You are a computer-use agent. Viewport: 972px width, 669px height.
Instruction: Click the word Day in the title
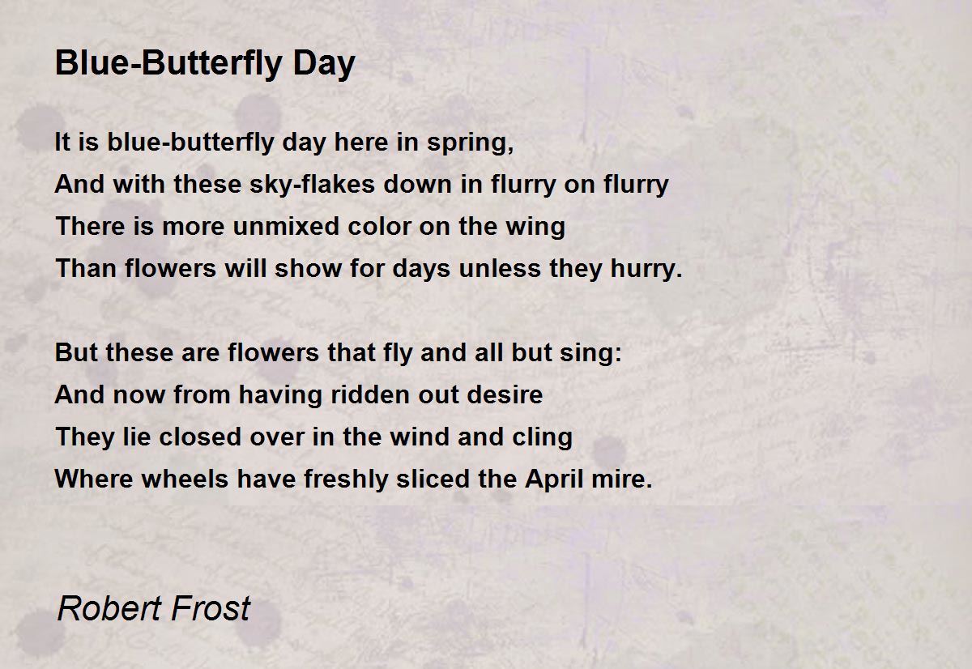point(324,64)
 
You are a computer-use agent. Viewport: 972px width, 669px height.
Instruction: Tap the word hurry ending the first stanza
point(646,270)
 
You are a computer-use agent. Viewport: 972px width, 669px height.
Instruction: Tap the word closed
point(201,437)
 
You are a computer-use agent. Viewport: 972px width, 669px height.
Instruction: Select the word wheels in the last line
point(185,479)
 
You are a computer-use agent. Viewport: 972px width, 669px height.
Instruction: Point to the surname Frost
point(211,608)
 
